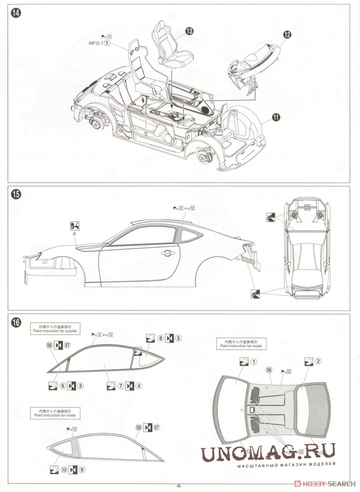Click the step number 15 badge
point(17,195)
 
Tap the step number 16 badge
point(17,323)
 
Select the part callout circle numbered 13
point(189,31)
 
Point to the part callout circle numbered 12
point(287,34)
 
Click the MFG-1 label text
point(95,43)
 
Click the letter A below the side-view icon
point(75,234)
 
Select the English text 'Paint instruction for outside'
point(55,331)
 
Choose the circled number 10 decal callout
point(64,469)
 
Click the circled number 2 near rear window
point(318,361)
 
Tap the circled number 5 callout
point(179,338)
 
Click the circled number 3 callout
point(81,385)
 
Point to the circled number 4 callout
point(138,385)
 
